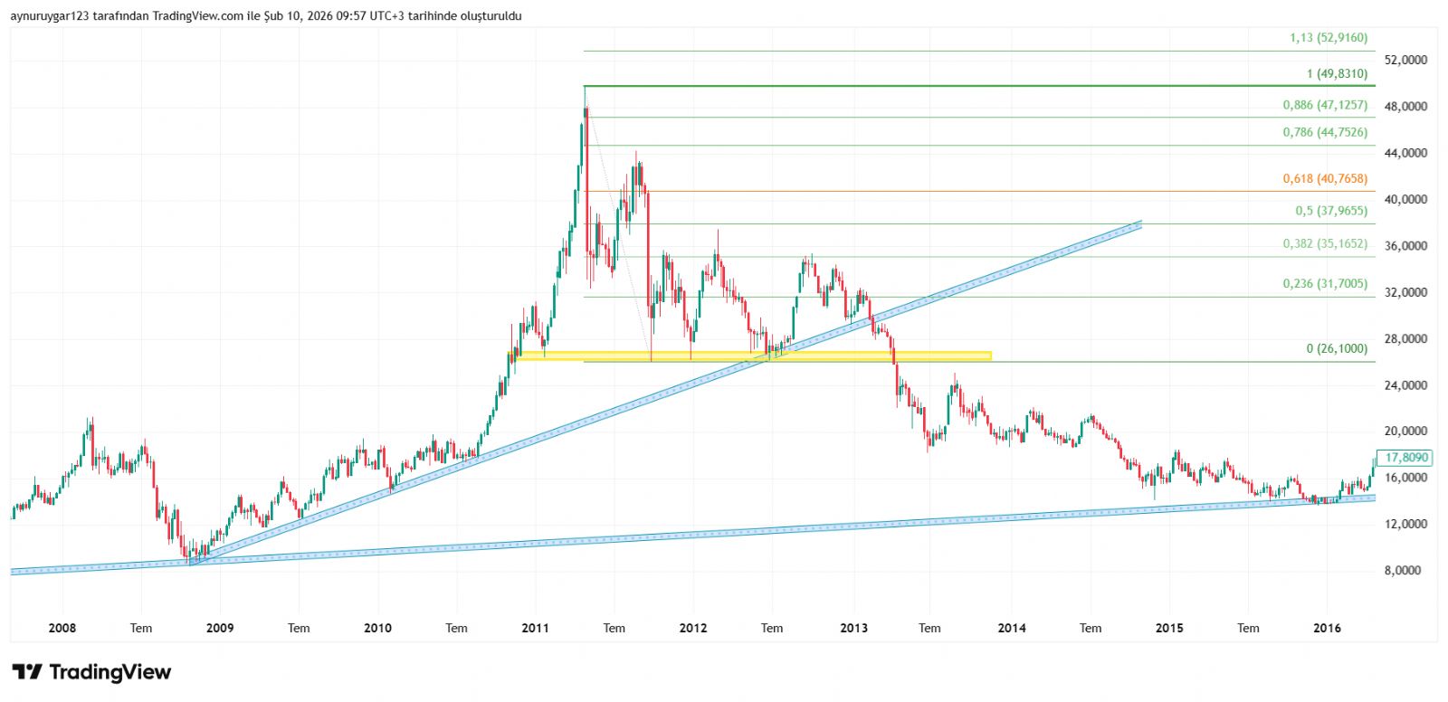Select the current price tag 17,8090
click(1405, 458)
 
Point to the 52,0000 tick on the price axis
click(1405, 60)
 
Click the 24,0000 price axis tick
click(1405, 384)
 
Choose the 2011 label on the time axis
click(535, 628)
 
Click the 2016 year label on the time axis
click(1327, 628)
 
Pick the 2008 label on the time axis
click(62, 628)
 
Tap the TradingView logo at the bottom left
click(91, 672)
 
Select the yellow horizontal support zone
click(751, 356)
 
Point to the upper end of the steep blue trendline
click(1138, 223)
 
